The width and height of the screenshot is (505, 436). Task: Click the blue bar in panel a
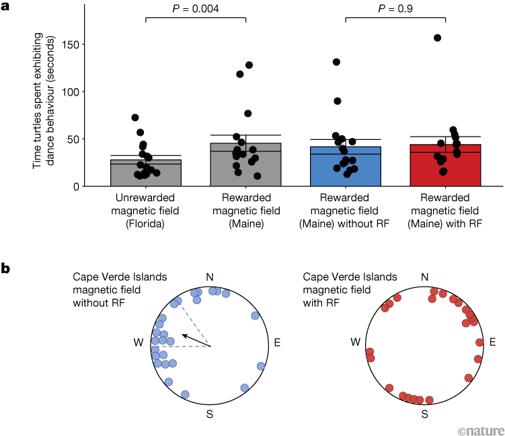(x=346, y=172)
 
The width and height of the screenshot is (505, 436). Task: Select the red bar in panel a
(x=445, y=172)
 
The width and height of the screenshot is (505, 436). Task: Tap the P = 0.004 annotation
(x=196, y=9)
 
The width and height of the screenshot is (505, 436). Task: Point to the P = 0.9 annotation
(x=395, y=9)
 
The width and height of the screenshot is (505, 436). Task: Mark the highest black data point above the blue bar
(x=336, y=62)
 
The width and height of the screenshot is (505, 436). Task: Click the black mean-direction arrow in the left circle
(x=195, y=339)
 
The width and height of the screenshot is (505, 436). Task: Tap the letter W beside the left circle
(x=139, y=343)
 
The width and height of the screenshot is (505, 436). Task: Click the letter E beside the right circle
(x=492, y=343)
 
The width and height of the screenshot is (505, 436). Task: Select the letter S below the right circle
(x=424, y=414)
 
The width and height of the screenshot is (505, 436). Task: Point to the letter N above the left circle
(x=209, y=277)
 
